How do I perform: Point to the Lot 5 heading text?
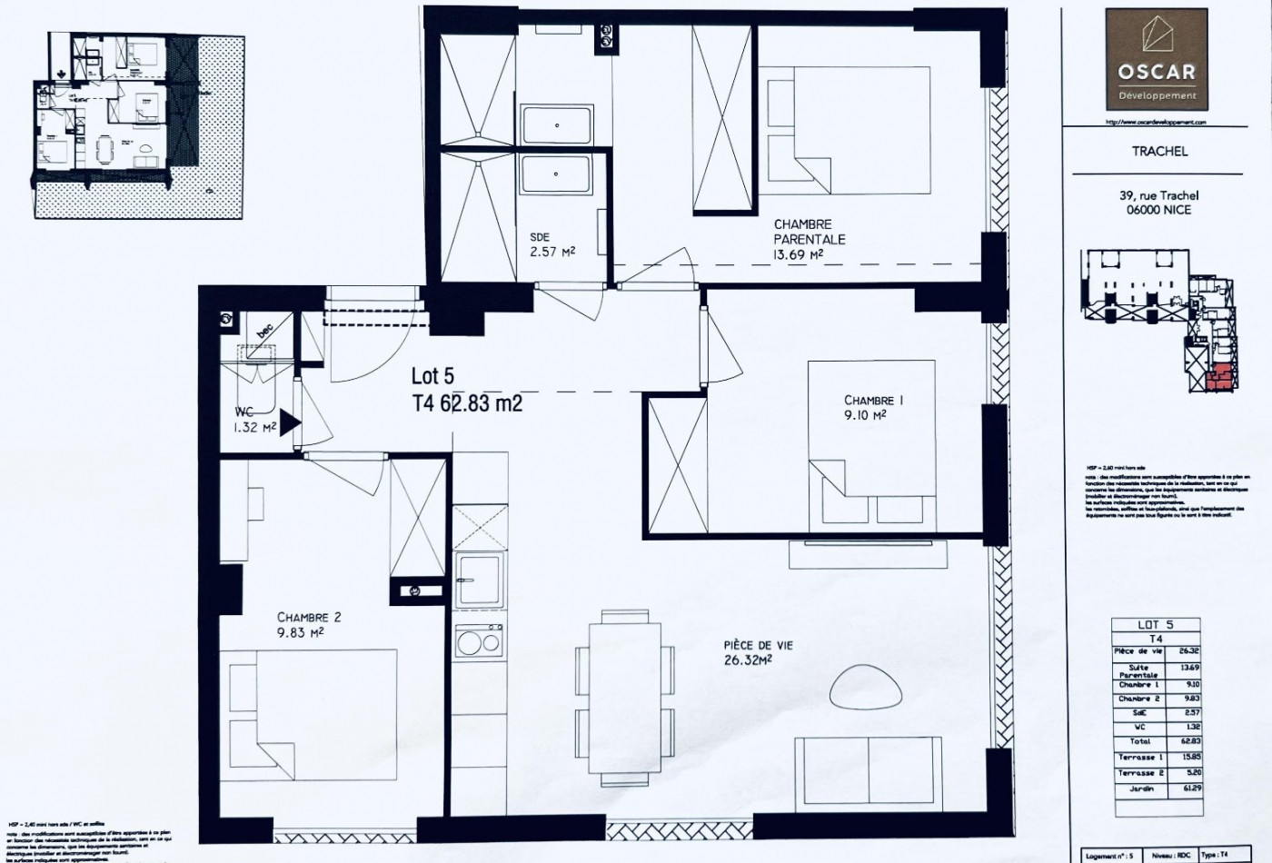[x=432, y=375]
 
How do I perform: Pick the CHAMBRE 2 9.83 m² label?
[x=309, y=625]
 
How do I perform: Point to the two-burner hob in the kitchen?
[x=478, y=642]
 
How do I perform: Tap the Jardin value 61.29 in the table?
[x=1188, y=789]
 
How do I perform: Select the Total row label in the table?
[x=1139, y=741]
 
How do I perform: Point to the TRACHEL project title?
[x=1158, y=151]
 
